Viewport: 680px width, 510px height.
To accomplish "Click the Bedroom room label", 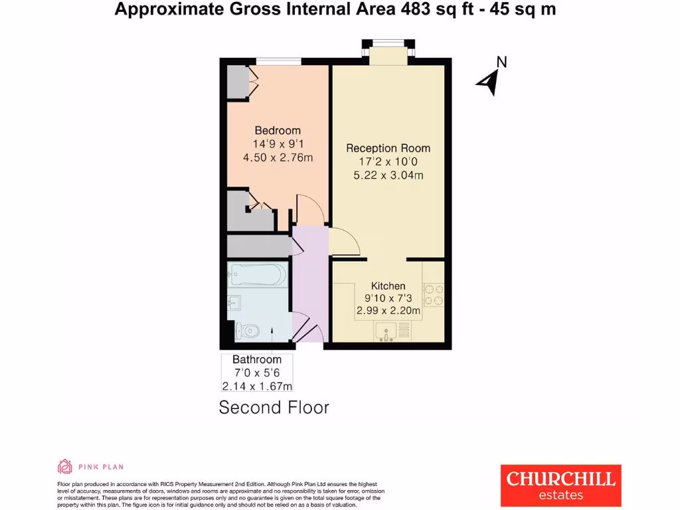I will tap(278, 131).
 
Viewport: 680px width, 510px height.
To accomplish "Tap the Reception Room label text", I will tap(388, 148).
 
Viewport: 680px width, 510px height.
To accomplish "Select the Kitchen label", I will tap(388, 286).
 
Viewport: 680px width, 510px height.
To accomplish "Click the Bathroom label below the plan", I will tap(256, 360).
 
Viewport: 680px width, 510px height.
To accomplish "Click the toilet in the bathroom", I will tap(248, 329).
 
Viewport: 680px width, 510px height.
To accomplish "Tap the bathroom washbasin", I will tap(234, 303).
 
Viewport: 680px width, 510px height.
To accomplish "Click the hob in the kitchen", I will tap(433, 296).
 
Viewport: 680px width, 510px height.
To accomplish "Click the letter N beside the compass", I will tap(502, 62).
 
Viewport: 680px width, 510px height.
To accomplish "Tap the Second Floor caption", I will tap(274, 407).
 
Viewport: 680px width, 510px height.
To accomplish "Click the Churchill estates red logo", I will tap(560, 485).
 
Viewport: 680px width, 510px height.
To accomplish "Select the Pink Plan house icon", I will tap(65, 466).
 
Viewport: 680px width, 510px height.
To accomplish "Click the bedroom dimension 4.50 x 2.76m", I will tap(278, 157).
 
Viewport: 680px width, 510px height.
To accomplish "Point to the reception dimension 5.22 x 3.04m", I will tap(388, 175).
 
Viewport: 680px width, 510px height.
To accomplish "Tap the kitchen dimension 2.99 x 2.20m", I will tap(388, 311).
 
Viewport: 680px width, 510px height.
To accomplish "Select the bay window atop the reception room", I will tap(388, 52).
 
